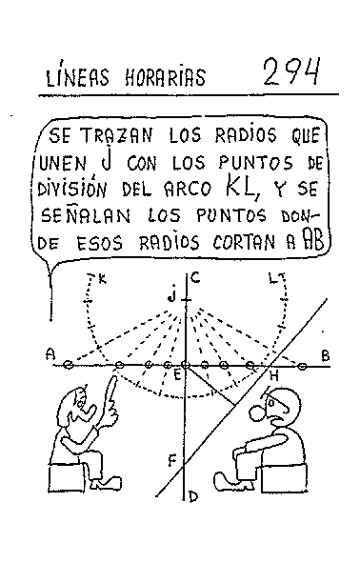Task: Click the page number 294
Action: tap(290, 70)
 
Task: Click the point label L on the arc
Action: tap(273, 278)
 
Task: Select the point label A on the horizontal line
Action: tap(50, 354)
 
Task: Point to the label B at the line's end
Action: tap(325, 355)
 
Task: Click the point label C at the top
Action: tap(193, 278)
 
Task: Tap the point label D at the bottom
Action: tap(192, 494)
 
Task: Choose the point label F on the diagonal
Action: tap(172, 461)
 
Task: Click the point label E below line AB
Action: tap(176, 376)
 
